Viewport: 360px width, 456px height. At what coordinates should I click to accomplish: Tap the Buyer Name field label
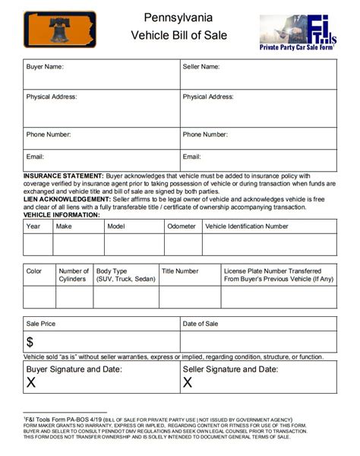pos(45,67)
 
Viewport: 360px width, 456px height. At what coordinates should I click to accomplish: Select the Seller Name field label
pos(201,67)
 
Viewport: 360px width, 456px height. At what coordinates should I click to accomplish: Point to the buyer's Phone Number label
pos(49,135)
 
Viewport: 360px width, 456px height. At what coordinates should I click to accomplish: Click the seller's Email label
pos(191,157)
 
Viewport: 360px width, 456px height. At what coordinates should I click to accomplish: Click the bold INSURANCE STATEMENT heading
pos(63,176)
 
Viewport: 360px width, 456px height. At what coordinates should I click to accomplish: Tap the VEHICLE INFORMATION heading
pos(62,215)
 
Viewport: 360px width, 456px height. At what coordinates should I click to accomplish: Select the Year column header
pos(33,226)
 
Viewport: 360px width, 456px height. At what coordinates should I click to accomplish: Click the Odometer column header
pos(182,226)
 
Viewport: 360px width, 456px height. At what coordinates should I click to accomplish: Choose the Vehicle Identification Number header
pos(247,226)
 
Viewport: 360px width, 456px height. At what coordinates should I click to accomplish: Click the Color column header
pos(34,271)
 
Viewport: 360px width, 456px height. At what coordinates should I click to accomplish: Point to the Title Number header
pos(180,271)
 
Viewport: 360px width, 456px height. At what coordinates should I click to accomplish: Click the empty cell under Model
pos(134,244)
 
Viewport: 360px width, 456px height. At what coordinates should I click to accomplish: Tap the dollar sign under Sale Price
pos(30,342)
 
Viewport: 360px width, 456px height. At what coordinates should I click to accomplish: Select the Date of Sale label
pos(201,324)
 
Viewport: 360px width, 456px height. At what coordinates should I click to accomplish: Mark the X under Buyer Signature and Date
pos(31,382)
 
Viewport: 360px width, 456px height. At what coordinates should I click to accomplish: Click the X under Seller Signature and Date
pos(188,382)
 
